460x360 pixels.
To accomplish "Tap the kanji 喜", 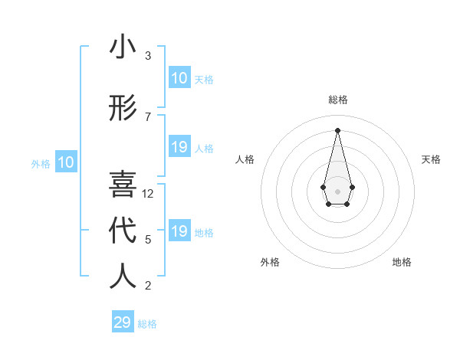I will [x=123, y=185].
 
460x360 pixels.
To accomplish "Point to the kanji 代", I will [x=123, y=231].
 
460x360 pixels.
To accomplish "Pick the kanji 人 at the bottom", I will [x=123, y=277].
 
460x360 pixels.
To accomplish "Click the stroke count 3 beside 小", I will [x=148, y=56].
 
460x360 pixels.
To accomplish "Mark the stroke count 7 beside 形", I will [x=148, y=117].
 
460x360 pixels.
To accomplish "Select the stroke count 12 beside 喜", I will [x=149, y=194].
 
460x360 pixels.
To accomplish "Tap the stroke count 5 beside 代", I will [x=148, y=240].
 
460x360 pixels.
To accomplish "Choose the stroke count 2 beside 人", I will [x=148, y=286].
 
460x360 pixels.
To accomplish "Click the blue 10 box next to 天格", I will [x=179, y=78].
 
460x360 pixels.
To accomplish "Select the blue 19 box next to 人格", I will [x=179, y=147].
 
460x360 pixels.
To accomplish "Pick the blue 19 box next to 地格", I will [x=179, y=231].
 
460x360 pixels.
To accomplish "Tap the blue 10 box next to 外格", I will [x=66, y=162].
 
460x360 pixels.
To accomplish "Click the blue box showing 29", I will [x=123, y=322].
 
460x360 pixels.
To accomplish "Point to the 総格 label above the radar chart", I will [x=337, y=100].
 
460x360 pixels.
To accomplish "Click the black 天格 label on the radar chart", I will [x=431, y=159].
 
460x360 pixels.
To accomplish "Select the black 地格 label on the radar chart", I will [x=402, y=262].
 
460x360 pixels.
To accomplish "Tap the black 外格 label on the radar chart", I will [x=270, y=262].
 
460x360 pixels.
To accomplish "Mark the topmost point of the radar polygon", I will [x=337, y=129].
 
